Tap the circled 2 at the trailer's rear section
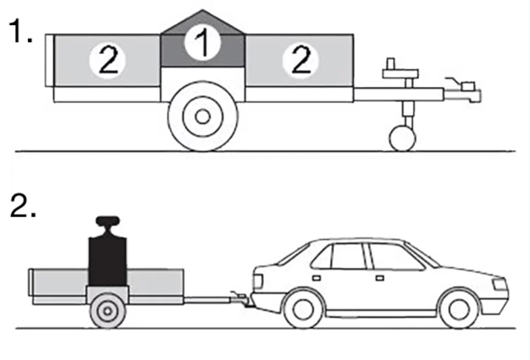[107, 61]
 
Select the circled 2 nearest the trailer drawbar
[300, 61]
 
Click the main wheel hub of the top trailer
[203, 117]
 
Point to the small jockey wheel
[402, 138]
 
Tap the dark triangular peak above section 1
[203, 22]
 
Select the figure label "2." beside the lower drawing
[23, 206]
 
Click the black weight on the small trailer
[107, 261]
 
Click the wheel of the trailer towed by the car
[107, 311]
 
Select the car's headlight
[500, 284]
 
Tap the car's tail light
[257, 281]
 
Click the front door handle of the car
[379, 278]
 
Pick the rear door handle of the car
[316, 278]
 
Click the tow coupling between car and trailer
[241, 299]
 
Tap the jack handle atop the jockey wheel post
[400, 69]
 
